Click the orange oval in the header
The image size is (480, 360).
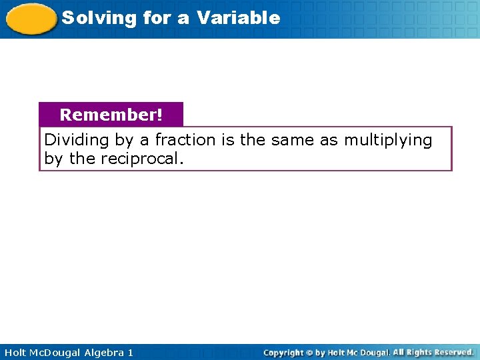(31, 19)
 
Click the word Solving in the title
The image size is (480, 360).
(89, 18)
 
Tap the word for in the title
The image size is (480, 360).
(157, 18)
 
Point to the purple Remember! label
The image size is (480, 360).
(111, 115)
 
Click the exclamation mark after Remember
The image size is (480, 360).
(159, 115)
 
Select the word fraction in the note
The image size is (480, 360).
(185, 140)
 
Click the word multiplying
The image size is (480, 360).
(388, 140)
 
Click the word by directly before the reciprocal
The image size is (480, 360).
(53, 159)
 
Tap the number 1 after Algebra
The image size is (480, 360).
(130, 352)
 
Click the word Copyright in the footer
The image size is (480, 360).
(283, 352)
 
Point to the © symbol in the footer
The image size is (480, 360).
(311, 352)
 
